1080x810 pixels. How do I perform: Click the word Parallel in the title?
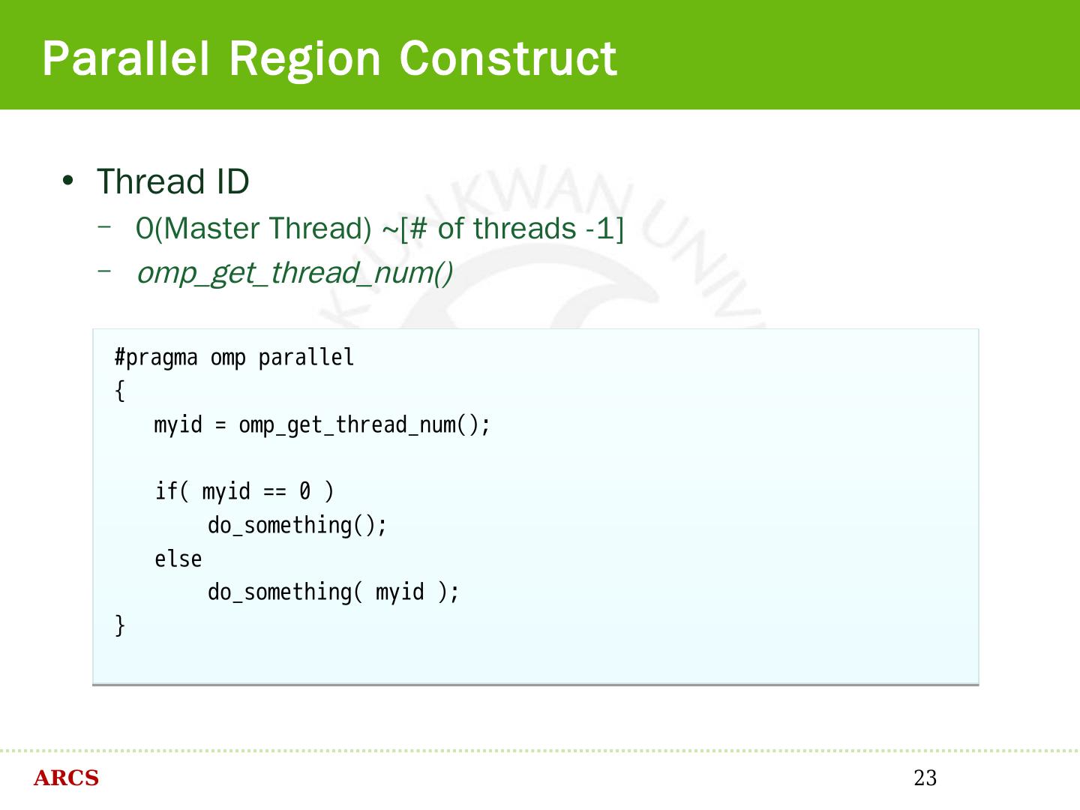(125, 58)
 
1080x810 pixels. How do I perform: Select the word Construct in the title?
(508, 58)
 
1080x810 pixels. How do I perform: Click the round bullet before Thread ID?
(68, 181)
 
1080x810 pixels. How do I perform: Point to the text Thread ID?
(172, 182)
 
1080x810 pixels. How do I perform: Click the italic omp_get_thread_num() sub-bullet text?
(295, 273)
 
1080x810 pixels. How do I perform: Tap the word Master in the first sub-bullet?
(214, 229)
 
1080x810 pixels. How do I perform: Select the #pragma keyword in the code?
(156, 358)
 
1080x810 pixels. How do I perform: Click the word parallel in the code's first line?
(306, 358)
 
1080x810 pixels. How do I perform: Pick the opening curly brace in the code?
(120, 391)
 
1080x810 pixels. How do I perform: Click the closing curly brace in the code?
(120, 625)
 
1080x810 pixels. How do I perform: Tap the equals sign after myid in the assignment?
(220, 425)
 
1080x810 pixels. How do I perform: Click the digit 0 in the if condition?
(304, 491)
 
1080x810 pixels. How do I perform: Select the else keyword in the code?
(178, 559)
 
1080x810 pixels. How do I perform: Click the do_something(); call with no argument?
(297, 525)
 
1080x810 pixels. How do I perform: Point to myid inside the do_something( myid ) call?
(400, 592)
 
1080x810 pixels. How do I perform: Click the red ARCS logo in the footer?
(66, 778)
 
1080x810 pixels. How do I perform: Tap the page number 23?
(925, 778)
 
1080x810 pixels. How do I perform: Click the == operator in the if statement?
(274, 491)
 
